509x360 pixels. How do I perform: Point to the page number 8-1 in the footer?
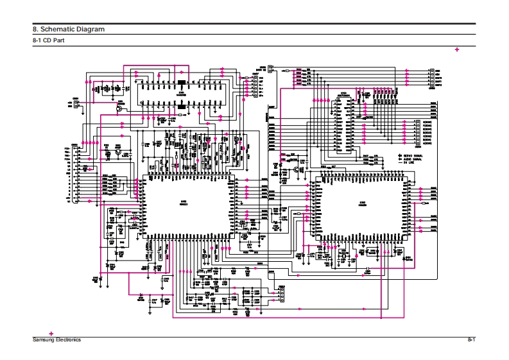click(470, 339)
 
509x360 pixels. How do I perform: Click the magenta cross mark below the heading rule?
click(457, 49)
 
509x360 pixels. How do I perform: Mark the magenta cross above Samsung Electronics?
click(51, 334)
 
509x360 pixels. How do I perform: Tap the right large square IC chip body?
click(363, 205)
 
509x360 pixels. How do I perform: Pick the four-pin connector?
click(280, 295)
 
